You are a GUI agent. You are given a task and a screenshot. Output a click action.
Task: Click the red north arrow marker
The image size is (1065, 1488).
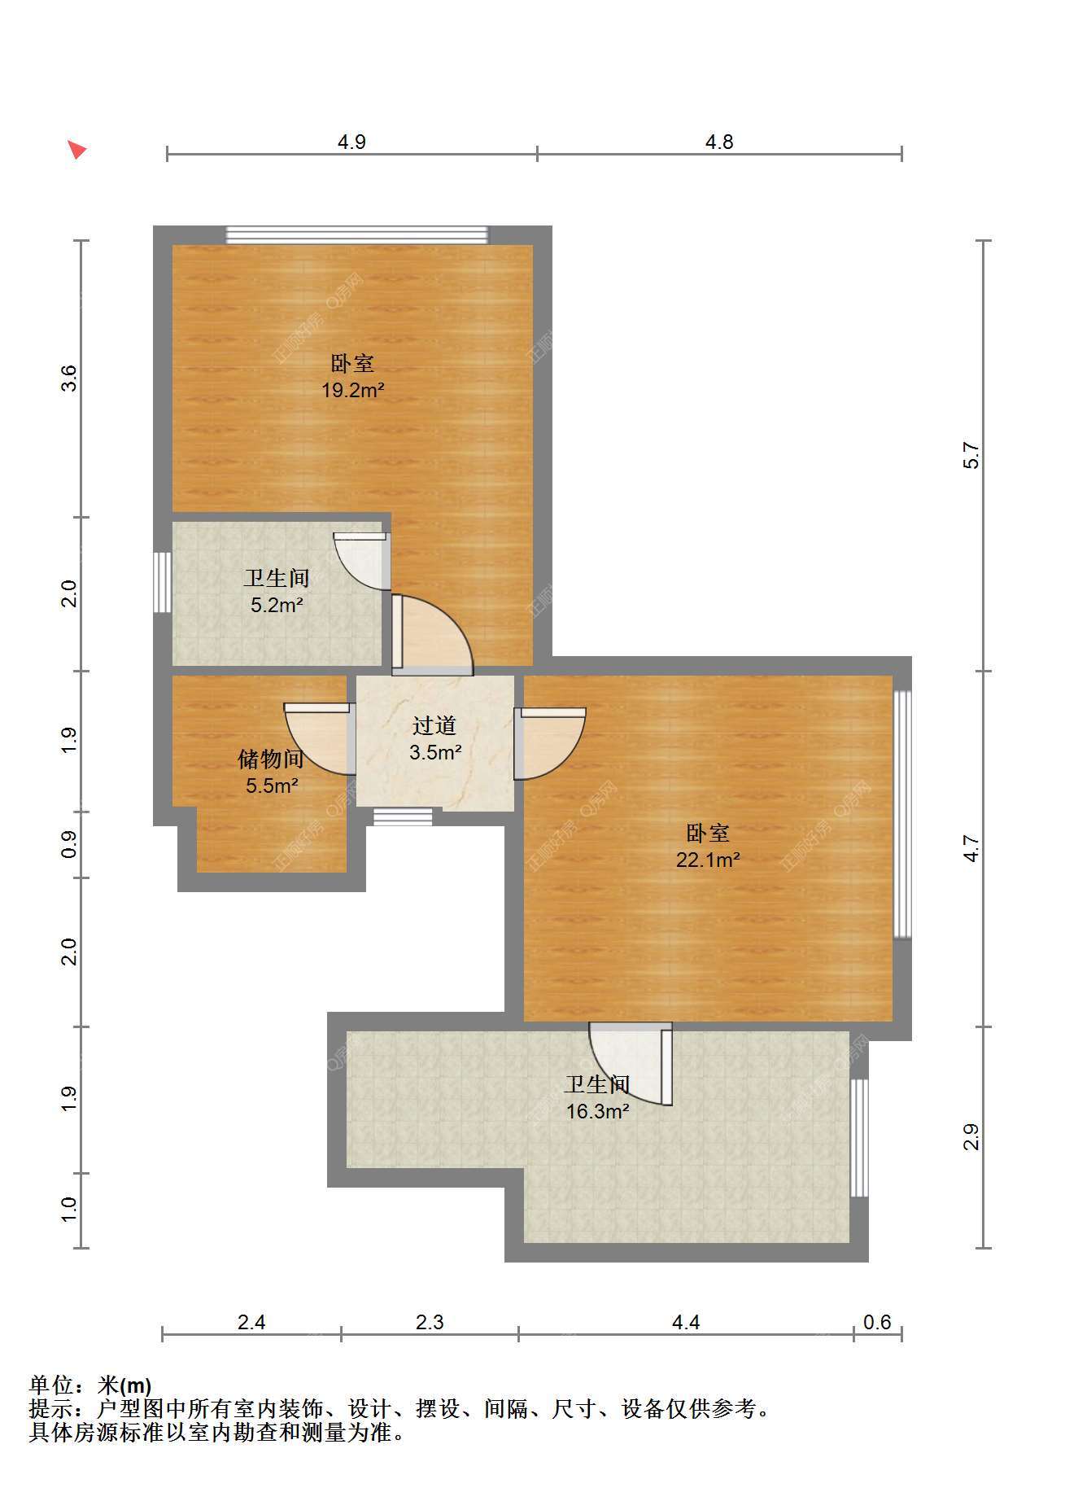[x=76, y=150]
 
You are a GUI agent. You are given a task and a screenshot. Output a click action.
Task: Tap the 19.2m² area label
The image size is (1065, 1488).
[x=352, y=391]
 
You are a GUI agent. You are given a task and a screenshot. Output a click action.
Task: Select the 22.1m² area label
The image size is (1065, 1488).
[x=708, y=860]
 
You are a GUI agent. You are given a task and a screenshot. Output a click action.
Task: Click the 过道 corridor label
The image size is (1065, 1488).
[x=434, y=725]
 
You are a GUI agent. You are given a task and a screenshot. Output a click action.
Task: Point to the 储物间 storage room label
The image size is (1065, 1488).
[x=271, y=759]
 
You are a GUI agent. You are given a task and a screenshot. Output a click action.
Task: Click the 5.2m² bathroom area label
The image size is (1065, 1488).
[x=277, y=605]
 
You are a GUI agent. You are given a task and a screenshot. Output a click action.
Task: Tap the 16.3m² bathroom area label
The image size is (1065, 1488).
[x=598, y=1111]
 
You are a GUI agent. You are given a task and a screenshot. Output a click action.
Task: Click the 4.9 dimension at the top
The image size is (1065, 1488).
[x=351, y=142]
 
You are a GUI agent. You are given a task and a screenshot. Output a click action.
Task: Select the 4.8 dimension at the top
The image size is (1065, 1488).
[x=719, y=142]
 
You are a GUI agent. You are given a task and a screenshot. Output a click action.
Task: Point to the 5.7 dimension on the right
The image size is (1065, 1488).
[x=971, y=455]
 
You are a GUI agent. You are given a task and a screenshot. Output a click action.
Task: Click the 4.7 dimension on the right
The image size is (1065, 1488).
[x=971, y=849]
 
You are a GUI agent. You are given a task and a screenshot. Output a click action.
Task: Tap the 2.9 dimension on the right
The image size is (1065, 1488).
[x=971, y=1136]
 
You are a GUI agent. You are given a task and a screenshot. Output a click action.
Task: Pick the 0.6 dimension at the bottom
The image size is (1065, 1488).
[x=877, y=1322]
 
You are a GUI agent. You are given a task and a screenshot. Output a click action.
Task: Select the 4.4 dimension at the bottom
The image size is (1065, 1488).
[x=686, y=1322]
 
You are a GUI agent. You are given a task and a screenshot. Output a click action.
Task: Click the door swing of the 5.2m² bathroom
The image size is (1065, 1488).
[x=362, y=561]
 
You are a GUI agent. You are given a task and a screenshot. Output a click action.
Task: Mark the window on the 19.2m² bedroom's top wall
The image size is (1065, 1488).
[x=357, y=234]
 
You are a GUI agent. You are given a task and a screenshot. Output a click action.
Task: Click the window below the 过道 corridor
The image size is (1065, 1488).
[x=403, y=817]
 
